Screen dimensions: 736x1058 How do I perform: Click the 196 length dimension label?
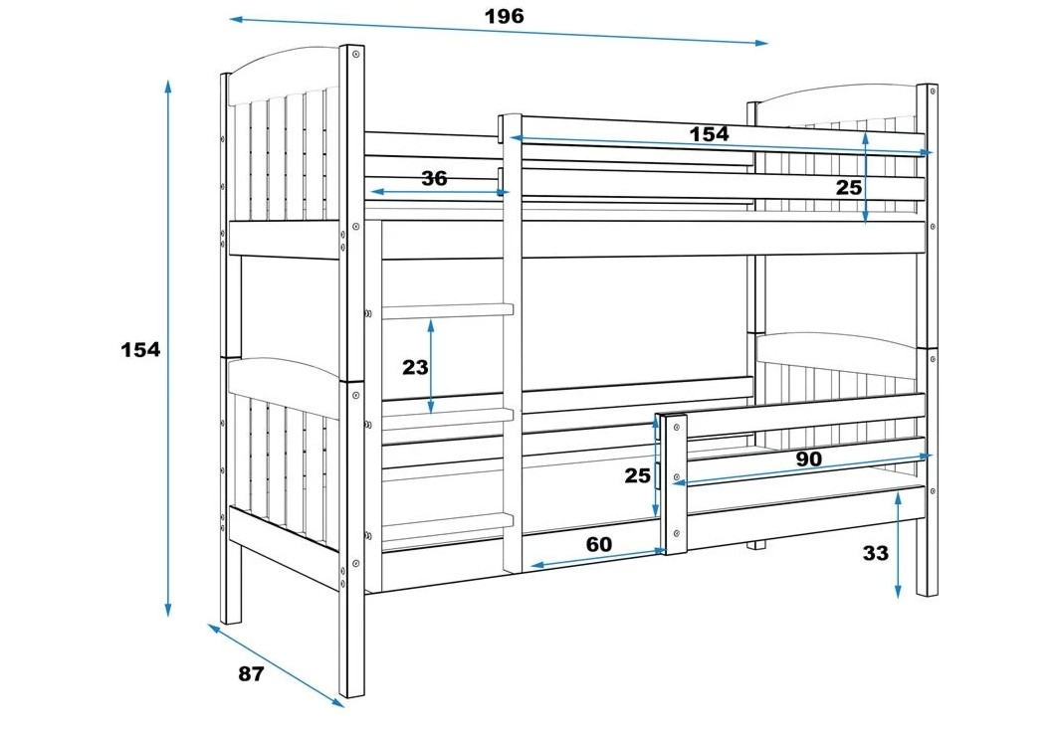[x=504, y=16]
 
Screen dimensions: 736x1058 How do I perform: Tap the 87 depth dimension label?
[x=251, y=673]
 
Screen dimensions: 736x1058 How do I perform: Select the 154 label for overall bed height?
[x=140, y=349]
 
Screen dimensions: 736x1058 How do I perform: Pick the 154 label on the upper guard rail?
[x=709, y=133]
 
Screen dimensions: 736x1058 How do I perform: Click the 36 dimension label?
[x=434, y=178]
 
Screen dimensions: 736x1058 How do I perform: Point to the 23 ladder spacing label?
[x=415, y=367]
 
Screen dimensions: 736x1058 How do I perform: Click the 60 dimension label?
[x=598, y=544]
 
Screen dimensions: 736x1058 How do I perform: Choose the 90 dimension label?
[x=808, y=459]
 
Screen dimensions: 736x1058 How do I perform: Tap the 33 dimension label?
[x=875, y=553]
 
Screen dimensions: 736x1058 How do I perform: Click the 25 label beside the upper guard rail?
[x=848, y=186]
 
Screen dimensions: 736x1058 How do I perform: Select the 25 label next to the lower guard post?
[x=637, y=474]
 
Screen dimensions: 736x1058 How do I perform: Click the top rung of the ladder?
[x=444, y=311]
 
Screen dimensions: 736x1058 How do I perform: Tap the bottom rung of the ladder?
[x=444, y=520]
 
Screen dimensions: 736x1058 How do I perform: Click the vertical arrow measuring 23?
[x=431, y=366]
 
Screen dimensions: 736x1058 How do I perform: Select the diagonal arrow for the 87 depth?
[x=276, y=664]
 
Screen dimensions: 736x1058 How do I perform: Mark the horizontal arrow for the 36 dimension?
[x=438, y=191]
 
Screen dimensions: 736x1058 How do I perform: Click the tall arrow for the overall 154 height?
[x=169, y=348]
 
